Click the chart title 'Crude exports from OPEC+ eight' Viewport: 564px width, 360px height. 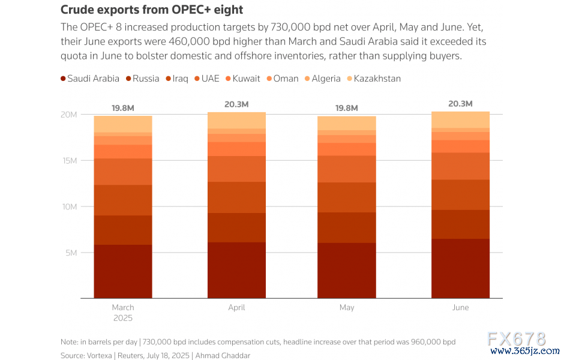152,10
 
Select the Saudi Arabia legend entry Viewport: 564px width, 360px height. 89,79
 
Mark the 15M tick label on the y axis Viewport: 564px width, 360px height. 70,161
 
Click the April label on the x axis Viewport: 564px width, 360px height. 236,308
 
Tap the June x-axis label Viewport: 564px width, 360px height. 460,308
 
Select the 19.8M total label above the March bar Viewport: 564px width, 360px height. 123,108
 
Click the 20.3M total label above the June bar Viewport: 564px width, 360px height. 460,104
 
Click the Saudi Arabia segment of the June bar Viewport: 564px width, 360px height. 460,268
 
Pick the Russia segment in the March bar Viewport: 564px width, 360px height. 123,230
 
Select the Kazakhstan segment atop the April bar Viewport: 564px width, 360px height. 236,120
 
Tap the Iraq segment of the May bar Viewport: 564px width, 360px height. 347,197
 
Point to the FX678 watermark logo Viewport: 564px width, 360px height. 516,339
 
